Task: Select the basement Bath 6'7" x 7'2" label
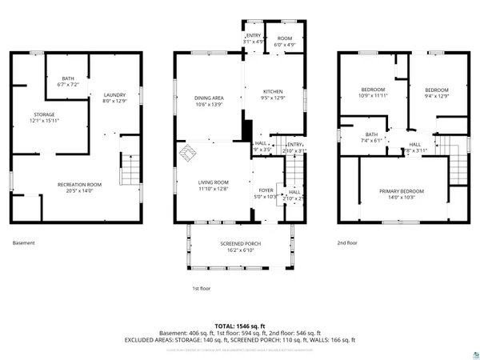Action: (66, 81)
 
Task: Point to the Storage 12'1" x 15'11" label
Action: (44, 118)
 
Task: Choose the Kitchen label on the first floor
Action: (274, 94)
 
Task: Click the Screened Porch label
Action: (237, 247)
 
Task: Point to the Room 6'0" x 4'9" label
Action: (286, 42)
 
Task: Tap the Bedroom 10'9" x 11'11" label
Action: (372, 92)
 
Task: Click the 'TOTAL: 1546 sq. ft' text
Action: (239, 326)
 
